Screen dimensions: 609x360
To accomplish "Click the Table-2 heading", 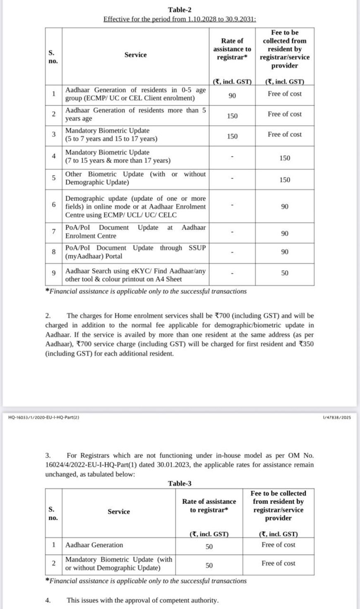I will (180, 10).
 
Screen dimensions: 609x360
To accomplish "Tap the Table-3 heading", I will (180, 483).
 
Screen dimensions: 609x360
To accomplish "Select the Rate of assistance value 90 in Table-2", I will (232, 96).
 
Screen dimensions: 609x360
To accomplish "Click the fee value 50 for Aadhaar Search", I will (285, 273).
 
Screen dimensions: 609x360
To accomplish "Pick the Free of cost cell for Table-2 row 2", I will (285, 114).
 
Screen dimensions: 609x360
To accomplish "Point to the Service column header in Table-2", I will (135, 55).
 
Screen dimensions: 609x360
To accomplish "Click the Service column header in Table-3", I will (119, 512).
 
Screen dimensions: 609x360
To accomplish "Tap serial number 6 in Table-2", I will (54, 205).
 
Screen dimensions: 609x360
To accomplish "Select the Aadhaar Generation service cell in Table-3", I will (94, 545).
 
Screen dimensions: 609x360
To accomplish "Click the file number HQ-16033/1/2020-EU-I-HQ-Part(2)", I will (43, 417).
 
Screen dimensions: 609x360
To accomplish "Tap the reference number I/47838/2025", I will (336, 417).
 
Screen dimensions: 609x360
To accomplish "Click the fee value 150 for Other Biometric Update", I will (285, 180).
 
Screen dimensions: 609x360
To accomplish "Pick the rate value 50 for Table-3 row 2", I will (209, 565).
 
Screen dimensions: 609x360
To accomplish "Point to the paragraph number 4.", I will (48, 600).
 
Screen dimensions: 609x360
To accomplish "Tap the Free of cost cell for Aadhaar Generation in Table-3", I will (278, 545).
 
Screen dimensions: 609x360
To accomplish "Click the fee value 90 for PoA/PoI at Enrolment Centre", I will (285, 233).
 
